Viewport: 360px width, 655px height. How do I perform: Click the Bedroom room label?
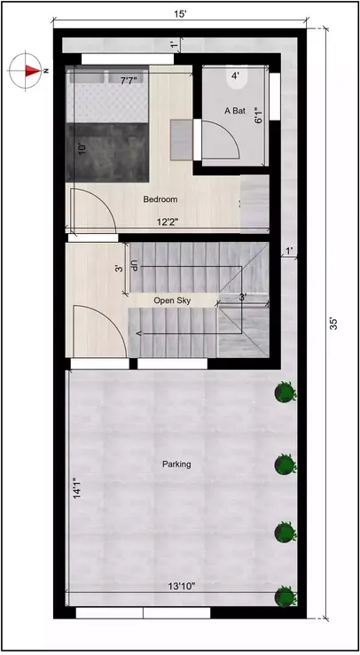click(x=160, y=199)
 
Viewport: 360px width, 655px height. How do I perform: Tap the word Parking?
click(x=176, y=464)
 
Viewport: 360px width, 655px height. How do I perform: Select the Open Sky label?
click(x=172, y=300)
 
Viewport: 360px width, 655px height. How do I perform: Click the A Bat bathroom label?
click(x=234, y=111)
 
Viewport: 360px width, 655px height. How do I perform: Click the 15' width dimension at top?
click(x=179, y=13)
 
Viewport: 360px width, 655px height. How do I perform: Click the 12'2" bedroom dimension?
click(x=168, y=222)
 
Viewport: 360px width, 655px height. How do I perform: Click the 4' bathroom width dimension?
click(x=235, y=76)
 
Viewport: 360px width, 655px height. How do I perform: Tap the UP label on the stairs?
click(x=135, y=266)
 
